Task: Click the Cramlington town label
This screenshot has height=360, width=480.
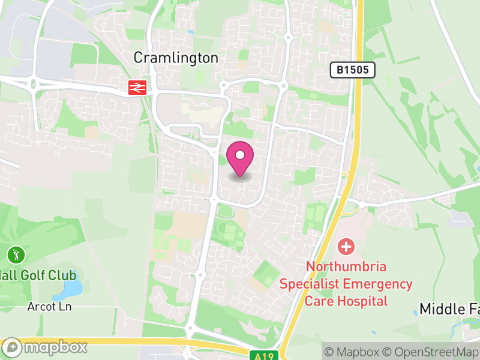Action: point(175,58)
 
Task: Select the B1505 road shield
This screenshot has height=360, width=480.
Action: point(353,70)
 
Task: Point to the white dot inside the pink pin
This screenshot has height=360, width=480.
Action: point(240,155)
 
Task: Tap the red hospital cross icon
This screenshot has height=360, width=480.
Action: point(346,246)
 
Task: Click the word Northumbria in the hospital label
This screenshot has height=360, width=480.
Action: point(346,266)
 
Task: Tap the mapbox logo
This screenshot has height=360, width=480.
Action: point(46,347)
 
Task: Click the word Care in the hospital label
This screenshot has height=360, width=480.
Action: point(319,301)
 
